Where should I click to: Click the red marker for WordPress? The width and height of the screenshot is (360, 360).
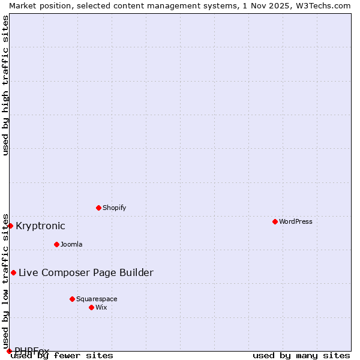[275, 221]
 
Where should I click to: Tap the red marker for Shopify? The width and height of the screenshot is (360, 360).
[98, 208]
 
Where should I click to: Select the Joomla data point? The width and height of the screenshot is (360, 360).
[56, 244]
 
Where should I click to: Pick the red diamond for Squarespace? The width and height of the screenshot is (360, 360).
[72, 299]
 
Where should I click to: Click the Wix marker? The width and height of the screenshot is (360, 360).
[91, 307]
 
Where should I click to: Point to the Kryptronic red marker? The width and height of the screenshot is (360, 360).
[10, 226]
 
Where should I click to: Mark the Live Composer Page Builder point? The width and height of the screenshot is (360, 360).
[13, 272]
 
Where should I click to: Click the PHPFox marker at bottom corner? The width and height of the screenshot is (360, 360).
[9, 351]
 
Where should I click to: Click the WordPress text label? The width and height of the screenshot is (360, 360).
[296, 221]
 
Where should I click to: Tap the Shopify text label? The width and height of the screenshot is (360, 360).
[114, 208]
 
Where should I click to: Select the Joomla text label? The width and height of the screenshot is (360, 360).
[71, 244]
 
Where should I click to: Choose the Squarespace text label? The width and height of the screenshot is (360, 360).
[97, 299]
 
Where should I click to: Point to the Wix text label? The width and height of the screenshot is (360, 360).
[101, 307]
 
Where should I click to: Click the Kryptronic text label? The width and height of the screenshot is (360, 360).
[40, 226]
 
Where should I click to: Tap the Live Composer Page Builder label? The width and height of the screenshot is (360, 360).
[86, 272]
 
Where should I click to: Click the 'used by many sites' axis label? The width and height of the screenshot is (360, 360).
[301, 355]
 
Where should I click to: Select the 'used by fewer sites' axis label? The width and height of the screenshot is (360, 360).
[62, 355]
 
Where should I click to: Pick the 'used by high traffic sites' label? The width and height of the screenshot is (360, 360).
[5, 85]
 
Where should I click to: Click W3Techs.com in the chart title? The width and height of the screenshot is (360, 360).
[322, 5]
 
